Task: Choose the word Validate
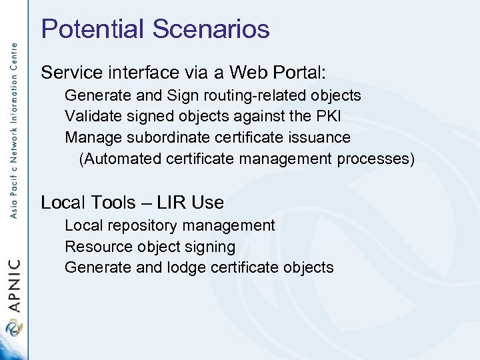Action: coord(91,117)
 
